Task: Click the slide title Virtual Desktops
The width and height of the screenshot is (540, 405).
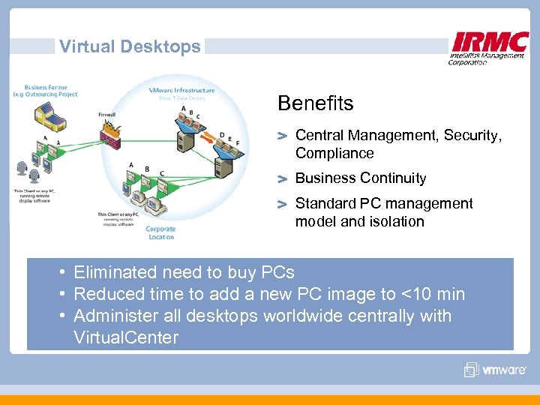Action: [x=130, y=46]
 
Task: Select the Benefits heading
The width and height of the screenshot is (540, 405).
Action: [x=315, y=103]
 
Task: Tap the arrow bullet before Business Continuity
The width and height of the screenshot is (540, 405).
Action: [x=282, y=179]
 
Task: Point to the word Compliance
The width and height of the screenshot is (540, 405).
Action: [x=334, y=154]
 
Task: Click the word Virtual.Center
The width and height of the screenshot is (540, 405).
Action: [x=126, y=338]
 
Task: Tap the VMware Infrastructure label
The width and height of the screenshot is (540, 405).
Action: [x=182, y=90]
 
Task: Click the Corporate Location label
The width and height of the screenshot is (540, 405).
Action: [x=160, y=233]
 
